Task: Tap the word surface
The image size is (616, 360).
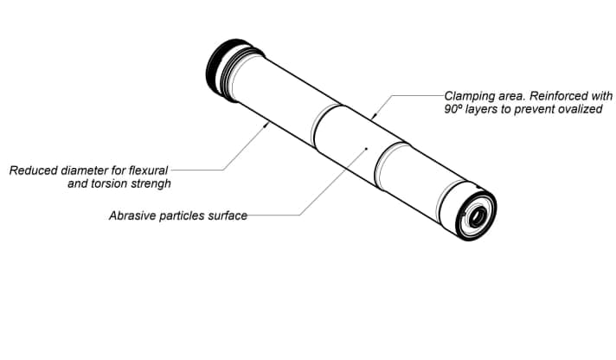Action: click(x=228, y=215)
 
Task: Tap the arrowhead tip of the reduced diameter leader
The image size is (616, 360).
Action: click(x=267, y=124)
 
